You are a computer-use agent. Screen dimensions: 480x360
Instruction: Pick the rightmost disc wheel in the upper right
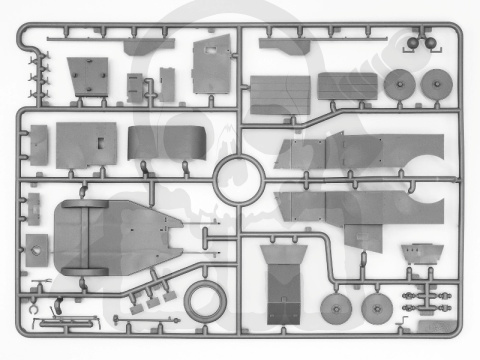tap(438, 85)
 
